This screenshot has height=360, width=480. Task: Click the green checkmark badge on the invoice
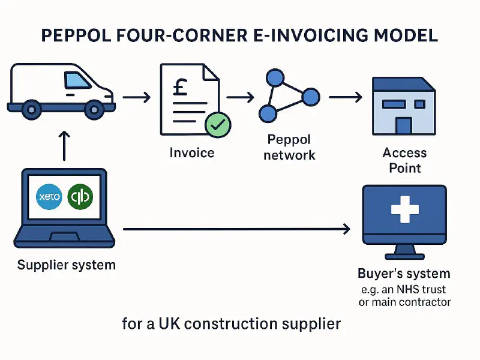(x=217, y=124)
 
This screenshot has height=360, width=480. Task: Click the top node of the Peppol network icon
(x=274, y=78)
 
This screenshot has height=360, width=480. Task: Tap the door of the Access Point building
(x=403, y=125)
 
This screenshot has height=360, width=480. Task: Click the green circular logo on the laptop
(x=81, y=196)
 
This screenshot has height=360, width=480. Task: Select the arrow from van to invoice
(x=136, y=96)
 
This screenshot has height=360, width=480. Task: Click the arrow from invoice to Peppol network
(x=241, y=96)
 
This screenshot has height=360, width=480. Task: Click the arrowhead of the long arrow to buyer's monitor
(x=346, y=228)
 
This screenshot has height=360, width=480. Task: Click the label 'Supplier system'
(x=66, y=265)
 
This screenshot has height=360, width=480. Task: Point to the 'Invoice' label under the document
(x=192, y=152)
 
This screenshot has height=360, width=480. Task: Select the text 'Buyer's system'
(x=403, y=274)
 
